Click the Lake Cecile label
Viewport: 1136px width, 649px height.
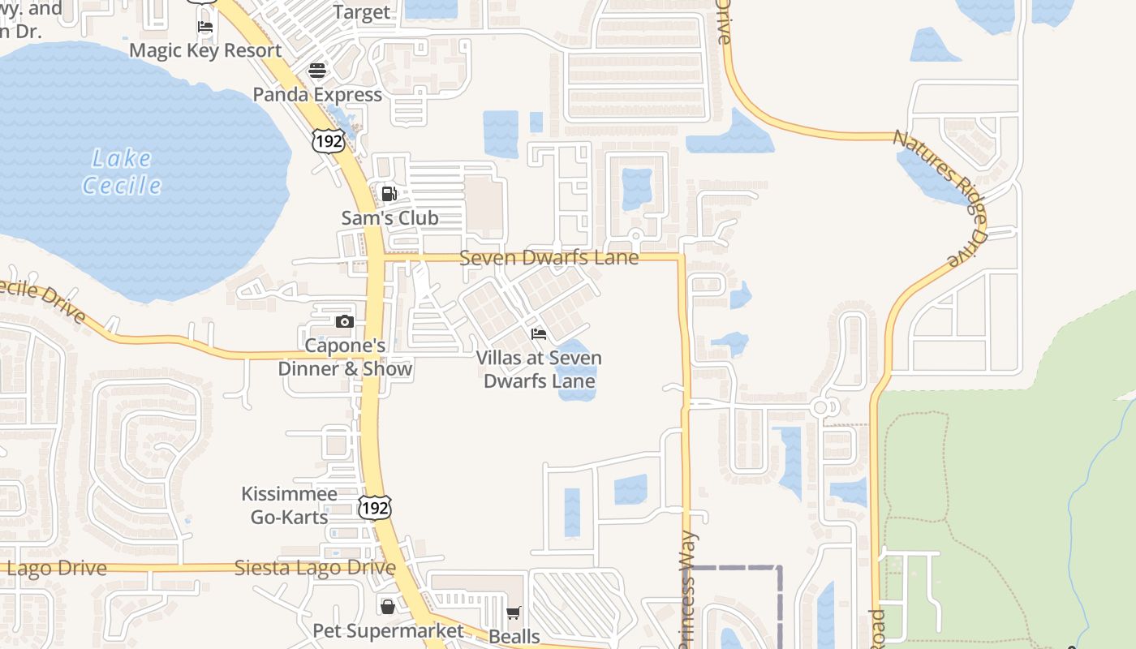point(122,172)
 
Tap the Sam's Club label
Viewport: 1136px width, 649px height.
point(389,217)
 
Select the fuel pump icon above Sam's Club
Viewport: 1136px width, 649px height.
point(389,194)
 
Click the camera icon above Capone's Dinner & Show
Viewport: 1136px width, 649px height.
point(345,321)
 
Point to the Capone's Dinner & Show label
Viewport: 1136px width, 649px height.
point(345,357)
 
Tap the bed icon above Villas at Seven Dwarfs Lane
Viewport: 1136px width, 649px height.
point(539,334)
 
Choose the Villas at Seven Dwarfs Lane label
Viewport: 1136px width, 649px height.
point(539,369)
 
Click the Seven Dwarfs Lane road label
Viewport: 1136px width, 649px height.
point(549,258)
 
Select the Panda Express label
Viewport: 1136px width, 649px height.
point(317,94)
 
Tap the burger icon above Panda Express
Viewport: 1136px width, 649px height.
point(316,71)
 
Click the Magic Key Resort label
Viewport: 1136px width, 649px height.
point(205,50)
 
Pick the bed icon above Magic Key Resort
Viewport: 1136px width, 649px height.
point(205,27)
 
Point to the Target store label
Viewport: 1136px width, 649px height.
point(362,12)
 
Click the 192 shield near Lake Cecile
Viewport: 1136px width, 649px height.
point(328,140)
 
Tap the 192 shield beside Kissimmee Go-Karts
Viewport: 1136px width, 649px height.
point(374,508)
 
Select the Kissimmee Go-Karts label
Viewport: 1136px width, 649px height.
point(289,505)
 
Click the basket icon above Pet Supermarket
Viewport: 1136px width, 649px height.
point(388,606)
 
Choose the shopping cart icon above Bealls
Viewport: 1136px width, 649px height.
point(513,612)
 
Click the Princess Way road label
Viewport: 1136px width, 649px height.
point(687,588)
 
